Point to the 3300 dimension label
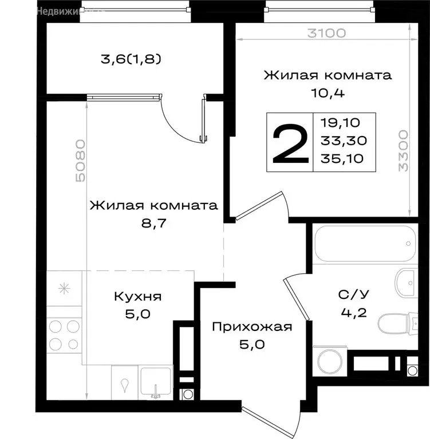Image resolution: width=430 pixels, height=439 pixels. pyautogui.click(x=403, y=151)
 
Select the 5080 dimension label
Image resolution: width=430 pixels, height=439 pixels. pyautogui.click(x=80, y=160)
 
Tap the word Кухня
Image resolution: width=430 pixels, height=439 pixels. pyautogui.click(x=137, y=297)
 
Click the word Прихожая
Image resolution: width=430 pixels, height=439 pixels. pyautogui.click(x=252, y=328)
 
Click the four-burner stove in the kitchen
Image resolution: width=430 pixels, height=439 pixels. pyautogui.click(x=64, y=335)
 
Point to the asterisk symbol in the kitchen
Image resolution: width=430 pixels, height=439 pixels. pyautogui.click(x=64, y=288)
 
